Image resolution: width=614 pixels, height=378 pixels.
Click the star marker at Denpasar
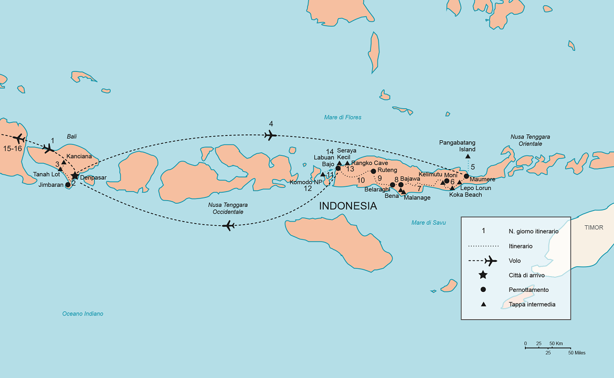(75, 176)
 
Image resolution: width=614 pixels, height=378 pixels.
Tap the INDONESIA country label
(348, 206)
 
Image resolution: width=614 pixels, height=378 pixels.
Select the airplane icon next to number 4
(271, 135)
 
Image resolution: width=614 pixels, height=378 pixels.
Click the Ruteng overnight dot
(373, 171)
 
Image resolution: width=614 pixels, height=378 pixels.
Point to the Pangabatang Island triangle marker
(468, 156)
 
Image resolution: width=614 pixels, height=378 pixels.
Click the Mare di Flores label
(342, 118)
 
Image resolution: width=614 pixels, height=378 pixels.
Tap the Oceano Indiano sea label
(82, 314)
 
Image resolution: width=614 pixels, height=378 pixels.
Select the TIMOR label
(594, 228)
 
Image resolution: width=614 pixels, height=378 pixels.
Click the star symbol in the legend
(483, 275)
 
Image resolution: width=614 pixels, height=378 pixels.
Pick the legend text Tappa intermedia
(532, 304)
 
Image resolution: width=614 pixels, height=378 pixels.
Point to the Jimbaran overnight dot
(68, 185)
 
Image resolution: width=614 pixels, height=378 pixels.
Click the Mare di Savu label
(428, 223)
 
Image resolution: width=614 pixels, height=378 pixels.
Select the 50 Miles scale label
(577, 353)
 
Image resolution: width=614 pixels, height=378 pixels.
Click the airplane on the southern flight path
(228, 226)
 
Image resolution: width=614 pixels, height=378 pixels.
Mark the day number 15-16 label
(12, 149)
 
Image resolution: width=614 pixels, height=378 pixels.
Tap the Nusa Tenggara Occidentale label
(228, 208)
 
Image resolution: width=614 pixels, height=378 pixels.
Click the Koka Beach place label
(465, 195)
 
